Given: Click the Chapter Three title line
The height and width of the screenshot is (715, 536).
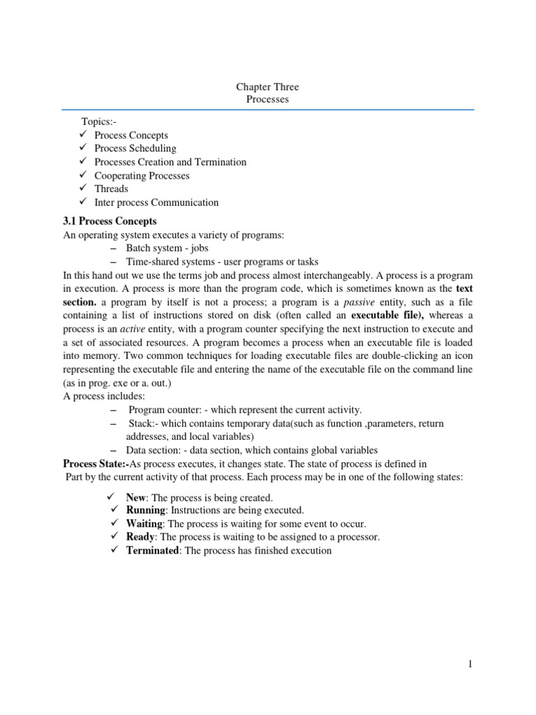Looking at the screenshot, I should point(267,87).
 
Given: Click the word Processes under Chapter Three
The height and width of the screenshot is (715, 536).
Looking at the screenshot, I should point(267,100).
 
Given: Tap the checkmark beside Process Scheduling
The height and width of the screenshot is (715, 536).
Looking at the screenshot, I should point(82,149).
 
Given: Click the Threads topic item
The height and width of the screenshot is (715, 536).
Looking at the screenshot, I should point(111,189).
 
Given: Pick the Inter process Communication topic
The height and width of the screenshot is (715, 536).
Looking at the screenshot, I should point(156,202).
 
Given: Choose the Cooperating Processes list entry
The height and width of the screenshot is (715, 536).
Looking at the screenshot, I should point(142,176).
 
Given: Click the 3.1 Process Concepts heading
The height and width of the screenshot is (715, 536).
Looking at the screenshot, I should point(110,221).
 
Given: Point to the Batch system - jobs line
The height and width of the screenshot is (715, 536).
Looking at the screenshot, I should point(167,249).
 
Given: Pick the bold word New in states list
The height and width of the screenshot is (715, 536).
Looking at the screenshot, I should point(136,498).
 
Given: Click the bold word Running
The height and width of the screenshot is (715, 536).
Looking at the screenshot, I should point(144,511).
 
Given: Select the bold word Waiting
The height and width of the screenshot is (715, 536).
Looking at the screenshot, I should point(144,524).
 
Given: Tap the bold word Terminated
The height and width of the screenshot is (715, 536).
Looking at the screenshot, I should point(153,551).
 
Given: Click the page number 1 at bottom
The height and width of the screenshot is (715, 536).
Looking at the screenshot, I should point(470,664).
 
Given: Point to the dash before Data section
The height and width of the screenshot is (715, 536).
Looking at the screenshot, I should point(114,450).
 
